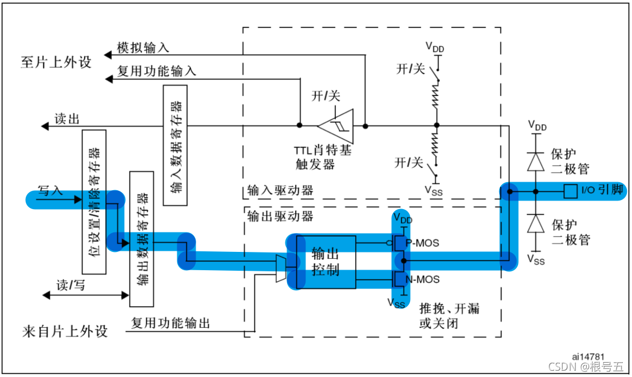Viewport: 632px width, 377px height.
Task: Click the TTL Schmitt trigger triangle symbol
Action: tap(336, 125)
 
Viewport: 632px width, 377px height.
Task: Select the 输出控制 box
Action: tap(325, 262)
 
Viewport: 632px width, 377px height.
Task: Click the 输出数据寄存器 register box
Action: tap(143, 239)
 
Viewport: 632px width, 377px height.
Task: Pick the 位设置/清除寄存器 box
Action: tap(94, 202)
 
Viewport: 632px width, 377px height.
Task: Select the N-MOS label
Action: tap(423, 279)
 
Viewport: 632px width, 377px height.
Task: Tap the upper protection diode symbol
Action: tap(535, 162)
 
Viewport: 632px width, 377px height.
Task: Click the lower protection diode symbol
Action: tap(535, 224)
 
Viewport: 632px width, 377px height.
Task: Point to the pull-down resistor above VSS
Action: tap(436, 150)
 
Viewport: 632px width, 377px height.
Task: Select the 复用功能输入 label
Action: tap(156, 71)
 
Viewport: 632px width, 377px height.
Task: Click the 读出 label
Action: tap(67, 119)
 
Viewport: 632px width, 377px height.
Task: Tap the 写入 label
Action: tap(50, 190)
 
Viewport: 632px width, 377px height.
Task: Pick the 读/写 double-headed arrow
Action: tap(85, 295)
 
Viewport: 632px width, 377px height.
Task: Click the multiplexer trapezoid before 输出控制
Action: tap(280, 268)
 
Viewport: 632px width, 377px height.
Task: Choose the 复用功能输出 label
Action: tap(170, 323)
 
